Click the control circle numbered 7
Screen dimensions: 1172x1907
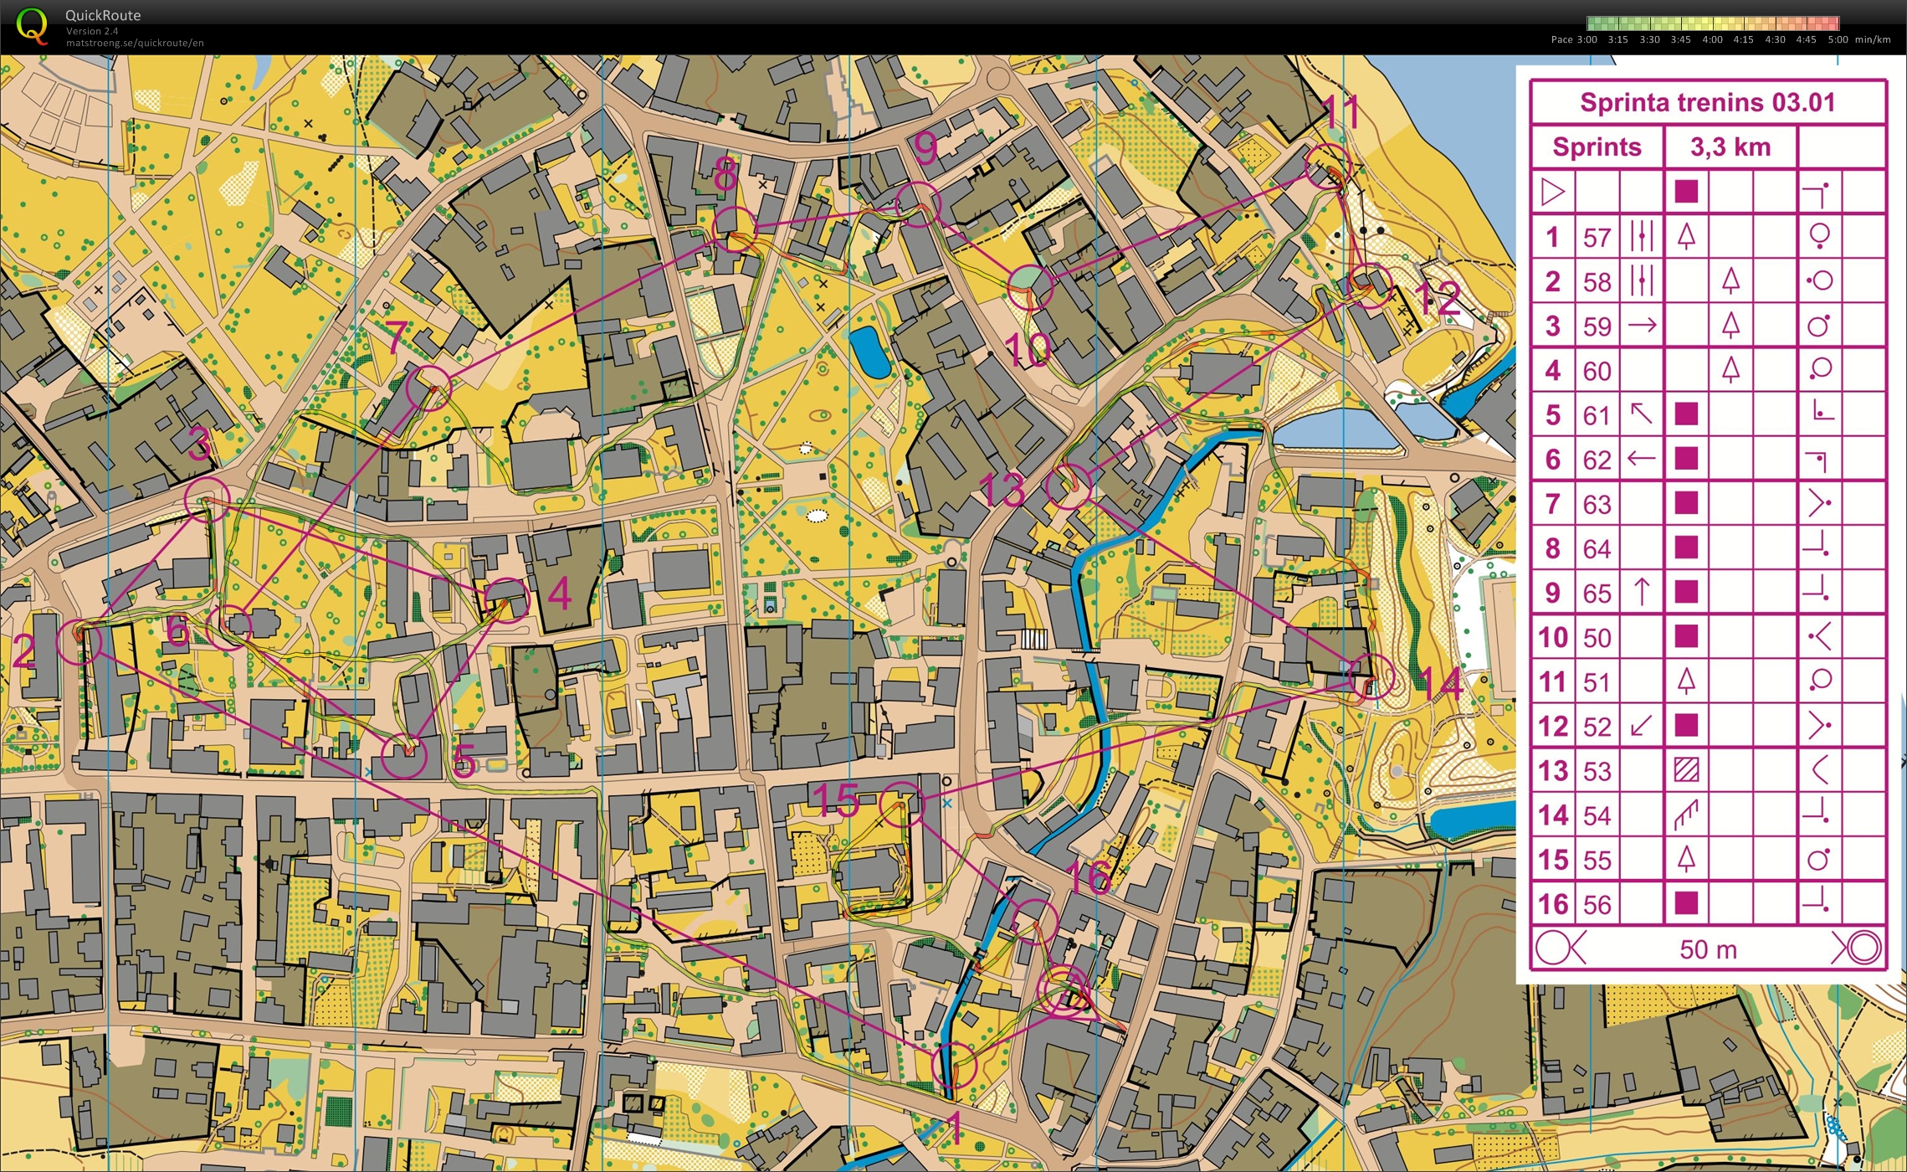[x=428, y=388]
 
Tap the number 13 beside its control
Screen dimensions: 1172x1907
[x=1001, y=490]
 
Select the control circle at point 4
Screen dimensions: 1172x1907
[x=507, y=600]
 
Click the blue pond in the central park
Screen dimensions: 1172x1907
[x=869, y=352]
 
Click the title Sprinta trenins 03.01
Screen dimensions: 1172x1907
[x=1707, y=103]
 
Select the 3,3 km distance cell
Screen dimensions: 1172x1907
[x=1730, y=147]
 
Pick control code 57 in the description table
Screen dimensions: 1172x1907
[x=1597, y=238]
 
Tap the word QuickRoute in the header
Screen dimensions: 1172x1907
[x=103, y=15]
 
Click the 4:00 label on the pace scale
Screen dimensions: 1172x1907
[x=1712, y=39]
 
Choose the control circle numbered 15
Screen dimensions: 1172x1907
[x=901, y=804]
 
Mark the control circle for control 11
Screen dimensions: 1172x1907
[x=1328, y=165]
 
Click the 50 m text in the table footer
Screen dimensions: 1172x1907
[x=1708, y=949]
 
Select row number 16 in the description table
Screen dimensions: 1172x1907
[x=1552, y=904]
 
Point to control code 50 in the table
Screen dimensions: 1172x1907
[x=1597, y=638]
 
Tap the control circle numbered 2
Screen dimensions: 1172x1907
[x=79, y=642]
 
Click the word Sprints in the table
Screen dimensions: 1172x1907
[x=1597, y=147]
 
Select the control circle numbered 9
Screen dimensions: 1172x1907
[x=918, y=204]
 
